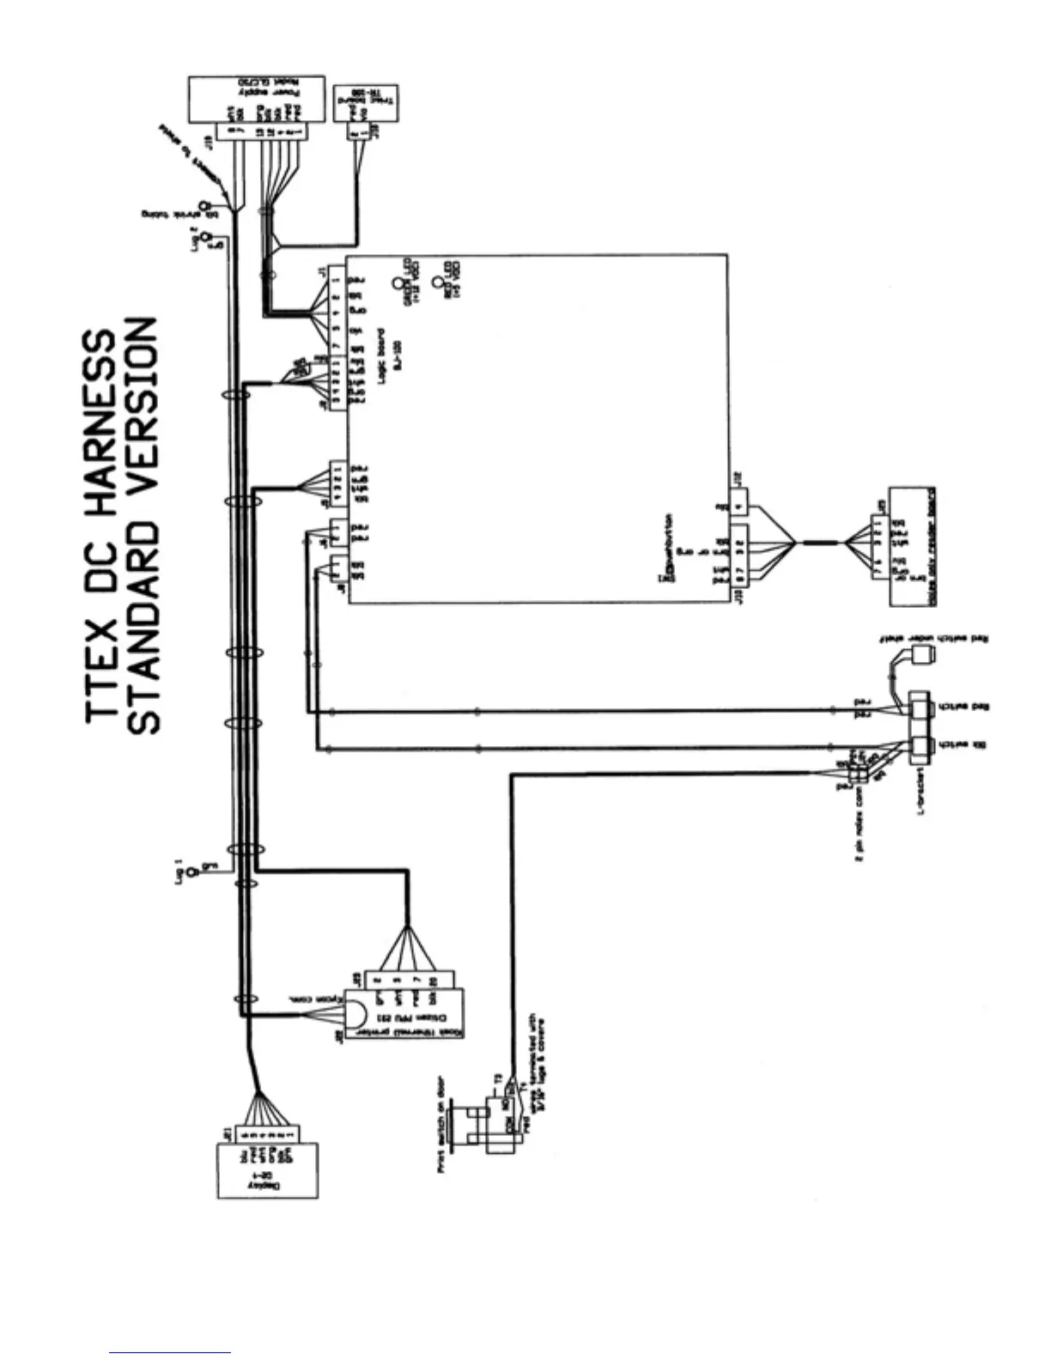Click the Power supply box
pos(256,99)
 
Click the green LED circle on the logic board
pos(397,283)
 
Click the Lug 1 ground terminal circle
pos(192,872)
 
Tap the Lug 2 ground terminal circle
pos(204,238)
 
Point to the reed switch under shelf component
pos(923,657)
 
